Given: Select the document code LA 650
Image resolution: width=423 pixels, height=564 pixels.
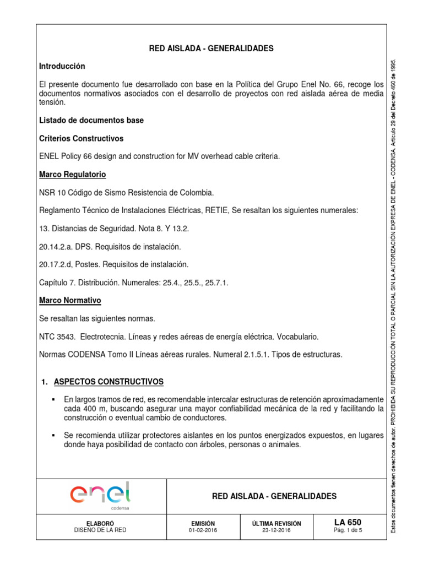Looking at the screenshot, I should (347, 522).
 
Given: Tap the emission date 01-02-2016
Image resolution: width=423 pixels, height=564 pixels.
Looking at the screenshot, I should (202, 530).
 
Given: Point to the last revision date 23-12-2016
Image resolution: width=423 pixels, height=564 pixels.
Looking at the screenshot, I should (276, 530).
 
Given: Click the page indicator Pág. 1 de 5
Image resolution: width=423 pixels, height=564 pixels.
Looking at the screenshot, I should (347, 530).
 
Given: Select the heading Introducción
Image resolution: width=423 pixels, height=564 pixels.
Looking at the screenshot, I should (62, 66).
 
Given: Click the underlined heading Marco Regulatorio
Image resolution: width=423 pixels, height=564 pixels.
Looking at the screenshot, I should (72, 175).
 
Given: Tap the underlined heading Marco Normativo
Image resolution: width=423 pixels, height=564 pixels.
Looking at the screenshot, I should (70, 301).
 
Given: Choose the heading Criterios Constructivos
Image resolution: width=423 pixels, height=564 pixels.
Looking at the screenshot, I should (81, 138).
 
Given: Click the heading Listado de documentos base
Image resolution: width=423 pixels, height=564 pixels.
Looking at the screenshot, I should (91, 120).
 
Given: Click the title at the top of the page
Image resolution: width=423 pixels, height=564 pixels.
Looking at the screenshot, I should (211, 48).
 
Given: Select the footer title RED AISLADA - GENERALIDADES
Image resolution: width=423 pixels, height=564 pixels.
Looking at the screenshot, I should (274, 496).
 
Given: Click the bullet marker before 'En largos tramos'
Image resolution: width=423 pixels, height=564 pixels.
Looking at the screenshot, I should (54, 399).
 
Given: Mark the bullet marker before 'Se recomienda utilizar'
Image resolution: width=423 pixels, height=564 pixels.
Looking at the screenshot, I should (54, 436).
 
